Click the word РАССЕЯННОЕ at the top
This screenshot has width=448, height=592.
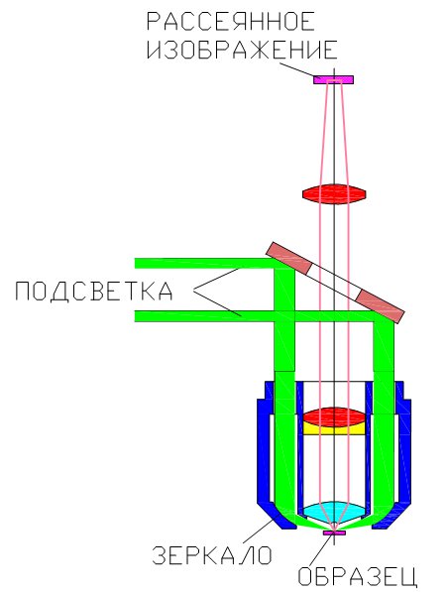pos(230,21)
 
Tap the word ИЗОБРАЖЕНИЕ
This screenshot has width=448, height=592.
pos(242,50)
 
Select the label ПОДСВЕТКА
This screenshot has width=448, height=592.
pos(94,292)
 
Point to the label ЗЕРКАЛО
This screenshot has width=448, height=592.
pos(212,555)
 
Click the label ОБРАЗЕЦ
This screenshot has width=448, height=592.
pos(358,576)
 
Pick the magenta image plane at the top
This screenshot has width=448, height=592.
pos(334,79)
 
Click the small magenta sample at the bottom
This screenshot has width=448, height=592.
pos(334,533)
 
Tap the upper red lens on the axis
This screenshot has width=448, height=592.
pos(334,194)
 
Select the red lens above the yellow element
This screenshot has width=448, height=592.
pos(334,416)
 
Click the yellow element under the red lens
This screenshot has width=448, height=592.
pos(334,429)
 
